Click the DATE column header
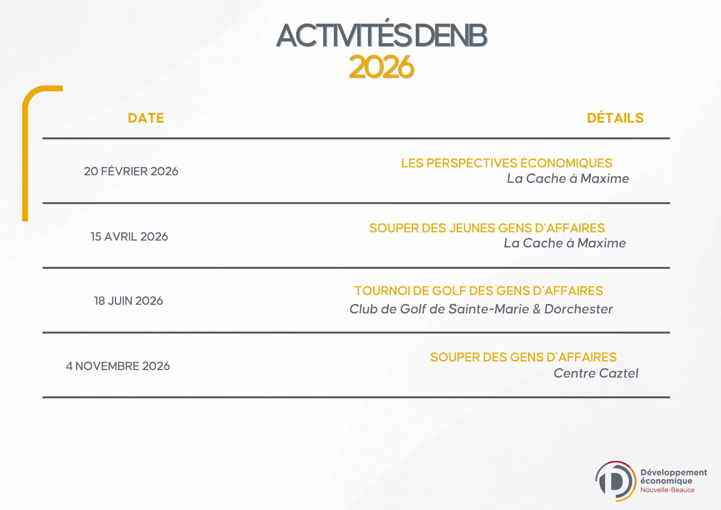click(146, 118)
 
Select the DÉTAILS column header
click(615, 118)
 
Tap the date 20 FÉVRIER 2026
click(131, 171)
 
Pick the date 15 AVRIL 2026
click(129, 236)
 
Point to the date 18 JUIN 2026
click(128, 300)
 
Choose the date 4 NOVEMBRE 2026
click(118, 366)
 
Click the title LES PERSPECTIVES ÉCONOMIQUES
click(507, 163)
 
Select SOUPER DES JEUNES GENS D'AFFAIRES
click(487, 228)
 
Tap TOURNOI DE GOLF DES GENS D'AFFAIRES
click(479, 291)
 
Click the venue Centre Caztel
click(596, 373)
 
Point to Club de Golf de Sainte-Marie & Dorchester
click(481, 309)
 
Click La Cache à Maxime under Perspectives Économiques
click(568, 178)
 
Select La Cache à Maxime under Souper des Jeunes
click(565, 243)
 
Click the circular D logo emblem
click(615, 481)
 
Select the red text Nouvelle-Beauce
click(667, 490)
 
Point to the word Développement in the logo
click(674, 472)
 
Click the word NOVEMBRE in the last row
click(107, 366)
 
